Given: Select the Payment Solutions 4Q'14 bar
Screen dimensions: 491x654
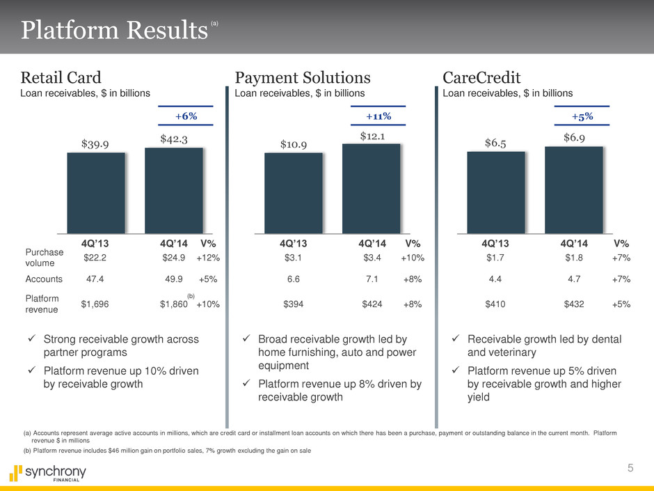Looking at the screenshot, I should coord(371,188).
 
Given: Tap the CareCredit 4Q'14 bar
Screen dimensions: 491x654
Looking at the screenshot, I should coord(573,189).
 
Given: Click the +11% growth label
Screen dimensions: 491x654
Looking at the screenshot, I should coord(378,116).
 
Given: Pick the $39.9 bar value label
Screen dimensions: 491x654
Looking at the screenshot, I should coord(96,143).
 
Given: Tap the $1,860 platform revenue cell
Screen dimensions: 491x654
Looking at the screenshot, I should coord(174,304).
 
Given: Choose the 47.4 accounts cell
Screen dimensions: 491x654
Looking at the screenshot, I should coord(94,279).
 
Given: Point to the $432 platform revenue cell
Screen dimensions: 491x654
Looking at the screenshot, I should coord(574,304).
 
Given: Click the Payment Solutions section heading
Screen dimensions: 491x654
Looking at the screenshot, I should coord(303,76).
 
